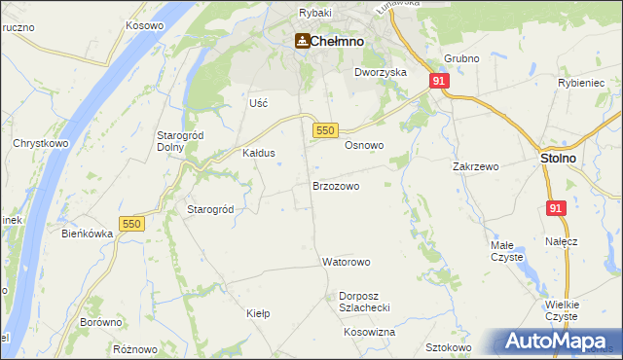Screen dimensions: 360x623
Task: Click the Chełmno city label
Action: pyautogui.click(x=338, y=41)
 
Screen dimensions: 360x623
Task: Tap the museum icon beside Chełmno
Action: pyautogui.click(x=302, y=41)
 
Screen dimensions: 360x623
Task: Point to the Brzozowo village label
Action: pyautogui.click(x=336, y=185)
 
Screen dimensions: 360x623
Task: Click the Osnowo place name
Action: pyautogui.click(x=364, y=145)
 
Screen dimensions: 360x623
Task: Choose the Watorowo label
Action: pyautogui.click(x=347, y=263)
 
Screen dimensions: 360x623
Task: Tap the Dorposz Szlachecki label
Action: pyautogui.click(x=365, y=302)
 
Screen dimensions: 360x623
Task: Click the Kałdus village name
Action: pyautogui.click(x=259, y=154)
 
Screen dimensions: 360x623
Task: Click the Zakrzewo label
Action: pyautogui.click(x=476, y=166)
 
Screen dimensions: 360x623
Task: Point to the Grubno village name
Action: pyautogui.click(x=461, y=59)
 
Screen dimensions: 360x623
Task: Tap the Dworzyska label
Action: pyautogui.click(x=381, y=72)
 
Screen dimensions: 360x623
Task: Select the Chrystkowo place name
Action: pyautogui.click(x=39, y=143)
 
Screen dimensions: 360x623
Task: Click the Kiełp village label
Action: pyautogui.click(x=258, y=314)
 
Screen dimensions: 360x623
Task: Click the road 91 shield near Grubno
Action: pyautogui.click(x=440, y=82)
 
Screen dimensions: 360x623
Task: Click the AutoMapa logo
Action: pyautogui.click(x=559, y=341)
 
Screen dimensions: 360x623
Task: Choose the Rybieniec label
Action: pyautogui.click(x=582, y=84)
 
